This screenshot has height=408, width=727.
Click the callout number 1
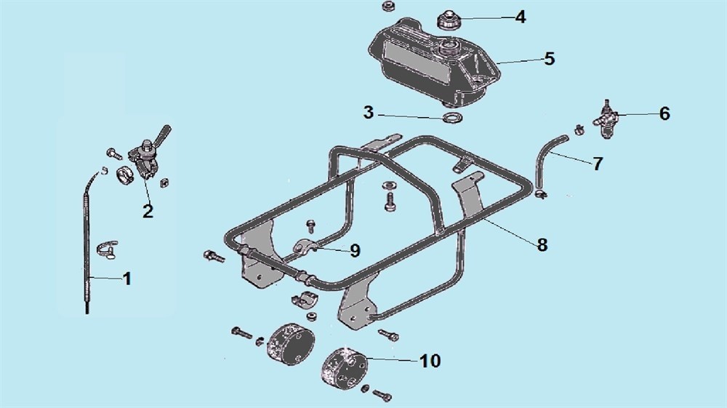tap(126, 279)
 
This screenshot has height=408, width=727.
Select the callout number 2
tap(148, 212)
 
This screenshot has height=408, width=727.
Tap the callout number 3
tap(369, 112)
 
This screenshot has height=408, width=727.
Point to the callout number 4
tap(521, 17)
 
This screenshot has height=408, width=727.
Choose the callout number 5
tap(550, 59)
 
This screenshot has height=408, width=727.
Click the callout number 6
tap(664, 113)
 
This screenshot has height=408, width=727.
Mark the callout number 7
tap(598, 164)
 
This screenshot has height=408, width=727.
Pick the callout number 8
tap(542, 245)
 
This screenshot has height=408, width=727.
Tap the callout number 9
tap(356, 251)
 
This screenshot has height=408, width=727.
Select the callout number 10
tap(430, 361)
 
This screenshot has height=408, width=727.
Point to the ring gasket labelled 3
tap(452, 117)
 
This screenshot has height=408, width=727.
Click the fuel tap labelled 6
tap(606, 119)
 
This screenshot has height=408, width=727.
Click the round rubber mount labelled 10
tap(345, 368)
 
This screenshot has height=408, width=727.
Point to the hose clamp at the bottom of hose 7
tap(541, 193)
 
